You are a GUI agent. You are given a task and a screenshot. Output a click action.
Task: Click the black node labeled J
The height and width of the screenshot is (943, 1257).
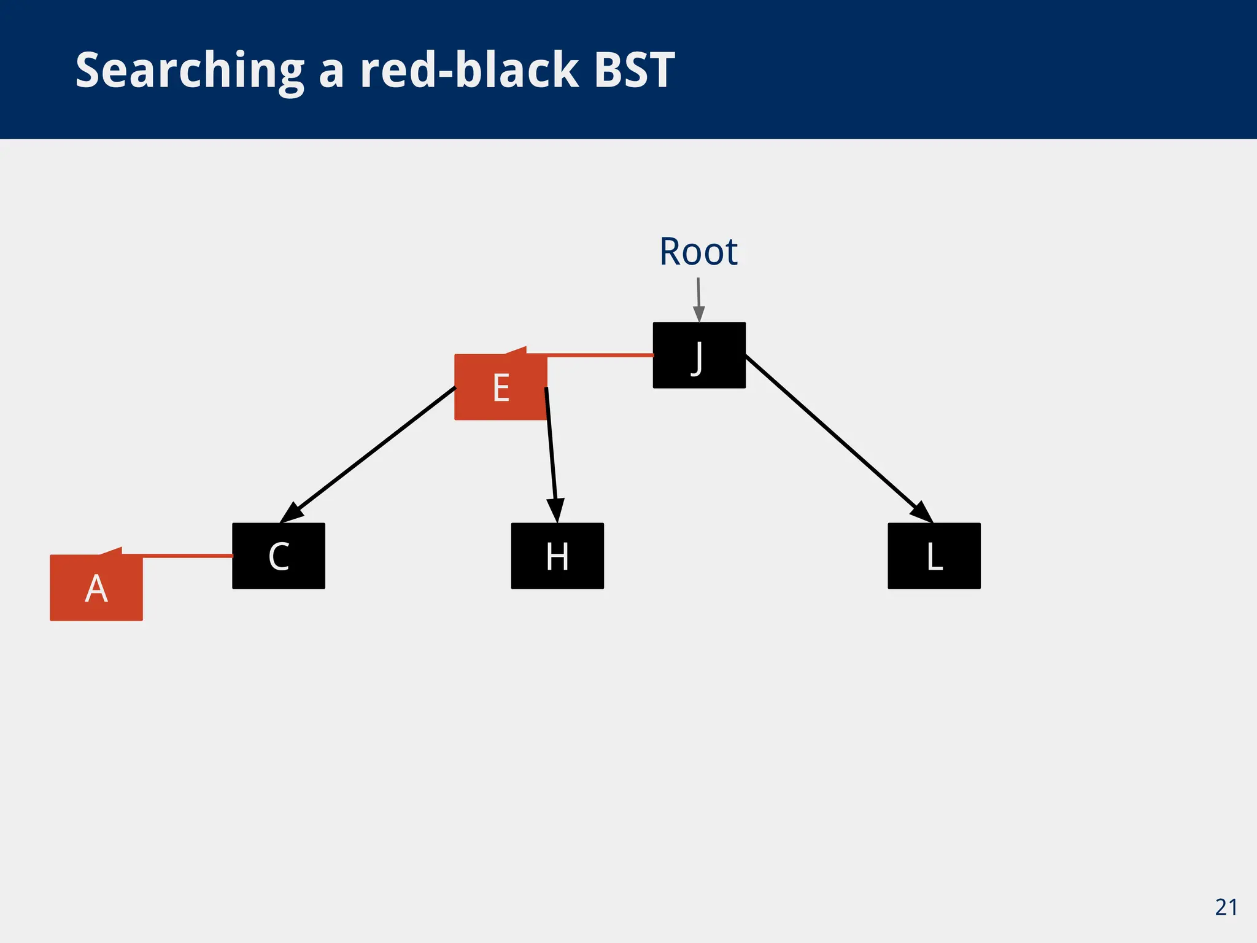[699, 355]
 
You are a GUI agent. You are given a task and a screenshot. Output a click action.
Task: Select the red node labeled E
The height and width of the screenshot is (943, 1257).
[500, 387]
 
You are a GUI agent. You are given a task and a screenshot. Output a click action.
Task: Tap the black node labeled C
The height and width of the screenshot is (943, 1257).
[279, 556]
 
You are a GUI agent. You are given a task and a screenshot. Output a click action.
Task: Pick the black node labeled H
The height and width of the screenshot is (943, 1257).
[557, 556]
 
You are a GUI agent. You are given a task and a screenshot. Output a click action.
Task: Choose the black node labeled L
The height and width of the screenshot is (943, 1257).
[934, 556]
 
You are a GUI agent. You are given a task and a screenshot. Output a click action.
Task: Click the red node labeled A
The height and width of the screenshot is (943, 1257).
[96, 588]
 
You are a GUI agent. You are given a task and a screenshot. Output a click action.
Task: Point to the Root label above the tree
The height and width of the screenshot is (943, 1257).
[698, 252]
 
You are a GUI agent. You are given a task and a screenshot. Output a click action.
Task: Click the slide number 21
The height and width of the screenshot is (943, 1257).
[1226, 907]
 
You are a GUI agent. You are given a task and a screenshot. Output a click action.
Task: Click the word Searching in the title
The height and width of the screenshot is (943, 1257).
[189, 71]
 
